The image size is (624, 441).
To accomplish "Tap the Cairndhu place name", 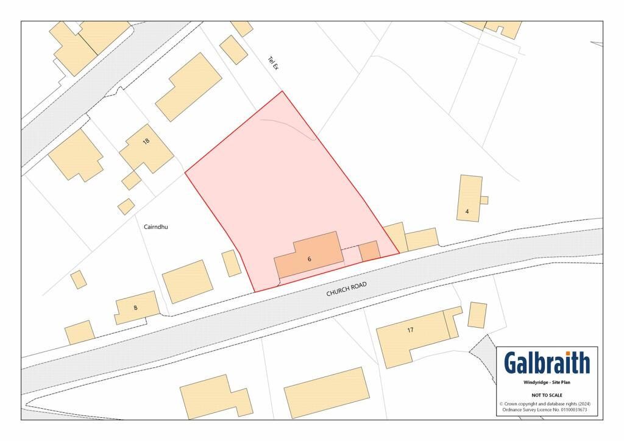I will (155, 227).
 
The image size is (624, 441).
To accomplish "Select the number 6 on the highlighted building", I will (309, 259).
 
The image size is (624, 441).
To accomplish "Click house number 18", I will (146, 141).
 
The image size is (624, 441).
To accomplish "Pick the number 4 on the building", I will (467, 211).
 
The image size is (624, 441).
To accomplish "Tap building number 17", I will (410, 330).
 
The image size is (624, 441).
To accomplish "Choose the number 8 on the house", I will (135, 308).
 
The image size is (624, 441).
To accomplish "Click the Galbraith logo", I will (547, 363).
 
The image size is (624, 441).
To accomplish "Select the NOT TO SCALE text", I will (547, 395).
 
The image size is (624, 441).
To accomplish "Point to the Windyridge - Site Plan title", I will (547, 383).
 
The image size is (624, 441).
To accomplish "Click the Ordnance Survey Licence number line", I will (547, 410).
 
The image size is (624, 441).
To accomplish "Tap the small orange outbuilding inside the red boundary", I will (369, 251).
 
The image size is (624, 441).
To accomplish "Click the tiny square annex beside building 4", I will (484, 200).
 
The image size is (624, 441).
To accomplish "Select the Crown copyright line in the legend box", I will (547, 404).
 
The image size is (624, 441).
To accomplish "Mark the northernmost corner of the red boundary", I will (282, 92).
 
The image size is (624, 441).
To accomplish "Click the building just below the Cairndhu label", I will (188, 281).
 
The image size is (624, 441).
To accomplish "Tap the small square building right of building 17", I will (478, 315).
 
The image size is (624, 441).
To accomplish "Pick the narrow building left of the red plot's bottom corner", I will (232, 263).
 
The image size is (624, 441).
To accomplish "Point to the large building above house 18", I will (189, 86).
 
